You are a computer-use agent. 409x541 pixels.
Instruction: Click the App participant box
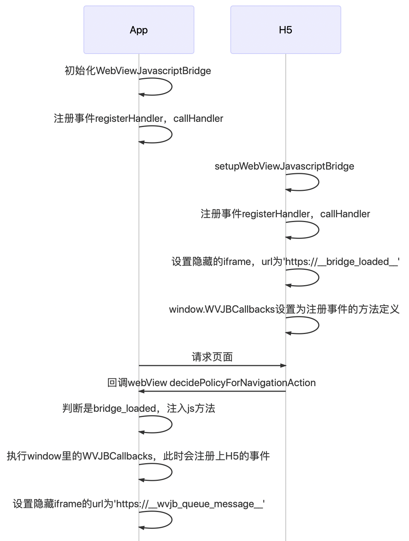pyautogui.click(x=138, y=30)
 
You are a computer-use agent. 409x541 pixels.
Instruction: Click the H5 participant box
pyautogui.click(x=285, y=30)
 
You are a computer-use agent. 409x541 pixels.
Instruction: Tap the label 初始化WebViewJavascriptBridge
pyautogui.click(x=138, y=70)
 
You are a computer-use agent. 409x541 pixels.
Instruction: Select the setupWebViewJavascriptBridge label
pyautogui.click(x=284, y=166)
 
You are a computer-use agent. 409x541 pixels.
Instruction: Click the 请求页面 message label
pyautogui.click(x=212, y=357)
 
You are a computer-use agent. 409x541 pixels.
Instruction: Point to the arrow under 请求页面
pyautogui.click(x=212, y=366)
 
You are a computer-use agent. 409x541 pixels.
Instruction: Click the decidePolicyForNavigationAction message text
pyautogui.click(x=211, y=382)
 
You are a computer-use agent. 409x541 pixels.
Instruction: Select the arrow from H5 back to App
pyautogui.click(x=212, y=391)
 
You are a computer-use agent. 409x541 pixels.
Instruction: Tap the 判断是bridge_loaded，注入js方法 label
pyautogui.click(x=138, y=408)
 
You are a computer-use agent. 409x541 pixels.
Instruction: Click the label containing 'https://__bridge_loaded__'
pyautogui.click(x=285, y=261)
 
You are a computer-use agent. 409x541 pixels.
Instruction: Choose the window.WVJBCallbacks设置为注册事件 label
pyautogui.click(x=284, y=309)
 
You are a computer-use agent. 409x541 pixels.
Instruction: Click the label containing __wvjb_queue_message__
pyautogui.click(x=138, y=504)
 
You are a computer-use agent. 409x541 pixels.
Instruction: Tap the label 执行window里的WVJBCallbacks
pyautogui.click(x=138, y=456)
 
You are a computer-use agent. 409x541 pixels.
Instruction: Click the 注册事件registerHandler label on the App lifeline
pyautogui.click(x=138, y=118)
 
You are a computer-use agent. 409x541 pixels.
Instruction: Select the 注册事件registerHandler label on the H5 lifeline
pyautogui.click(x=285, y=214)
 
